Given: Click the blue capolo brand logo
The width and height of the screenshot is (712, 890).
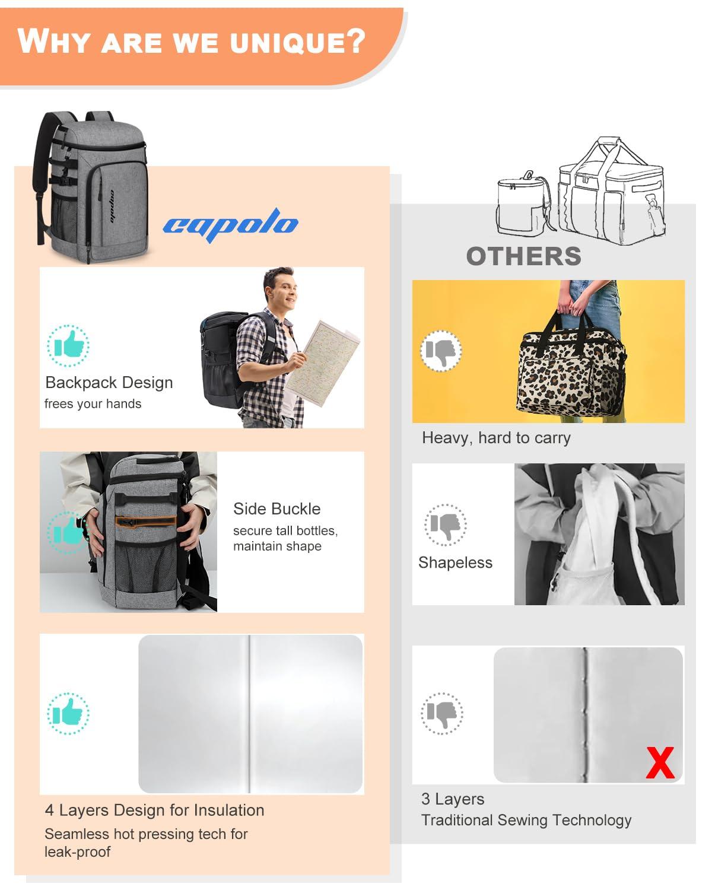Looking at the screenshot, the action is (230, 224).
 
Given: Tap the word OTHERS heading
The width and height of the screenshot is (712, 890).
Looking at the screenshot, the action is (524, 256).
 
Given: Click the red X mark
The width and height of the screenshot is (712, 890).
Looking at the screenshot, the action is (660, 763).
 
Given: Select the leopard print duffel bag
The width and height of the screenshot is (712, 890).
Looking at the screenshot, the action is (572, 364).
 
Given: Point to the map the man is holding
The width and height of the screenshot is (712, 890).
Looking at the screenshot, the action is (323, 363).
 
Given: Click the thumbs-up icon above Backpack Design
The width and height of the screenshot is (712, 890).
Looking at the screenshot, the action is (68, 346).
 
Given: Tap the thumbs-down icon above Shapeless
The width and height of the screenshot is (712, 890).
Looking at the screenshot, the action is (445, 525).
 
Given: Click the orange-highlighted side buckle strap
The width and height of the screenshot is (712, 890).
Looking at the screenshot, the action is (145, 522).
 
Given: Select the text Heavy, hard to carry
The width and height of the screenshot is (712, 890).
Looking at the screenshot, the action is (496, 438).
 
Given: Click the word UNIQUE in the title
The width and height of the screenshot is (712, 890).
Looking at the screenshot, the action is (297, 42).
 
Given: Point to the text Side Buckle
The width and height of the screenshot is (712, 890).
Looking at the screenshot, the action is (276, 508).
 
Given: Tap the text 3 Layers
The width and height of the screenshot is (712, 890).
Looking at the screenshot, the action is (453, 799).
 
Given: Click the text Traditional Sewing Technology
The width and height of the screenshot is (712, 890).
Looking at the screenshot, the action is (526, 820).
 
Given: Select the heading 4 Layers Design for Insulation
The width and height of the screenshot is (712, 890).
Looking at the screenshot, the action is (154, 810).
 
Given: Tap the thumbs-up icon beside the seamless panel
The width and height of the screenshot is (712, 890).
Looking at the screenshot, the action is (68, 713).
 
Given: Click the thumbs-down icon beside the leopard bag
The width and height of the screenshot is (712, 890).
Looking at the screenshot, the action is (441, 351).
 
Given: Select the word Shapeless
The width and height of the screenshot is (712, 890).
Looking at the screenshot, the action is (455, 563).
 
